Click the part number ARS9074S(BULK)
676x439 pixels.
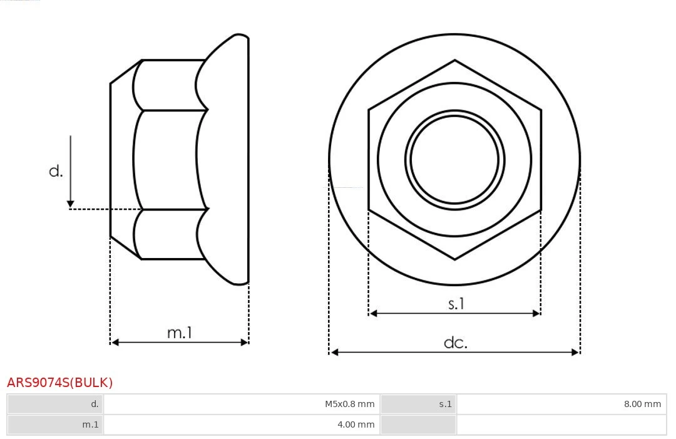pyautogui.click(x=59, y=383)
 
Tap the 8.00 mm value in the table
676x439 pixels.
pyautogui.click(x=642, y=404)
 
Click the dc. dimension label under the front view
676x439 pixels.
pyautogui.click(x=456, y=343)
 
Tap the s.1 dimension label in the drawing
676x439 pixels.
pyautogui.click(x=456, y=304)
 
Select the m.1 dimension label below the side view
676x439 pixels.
pyautogui.click(x=180, y=333)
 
